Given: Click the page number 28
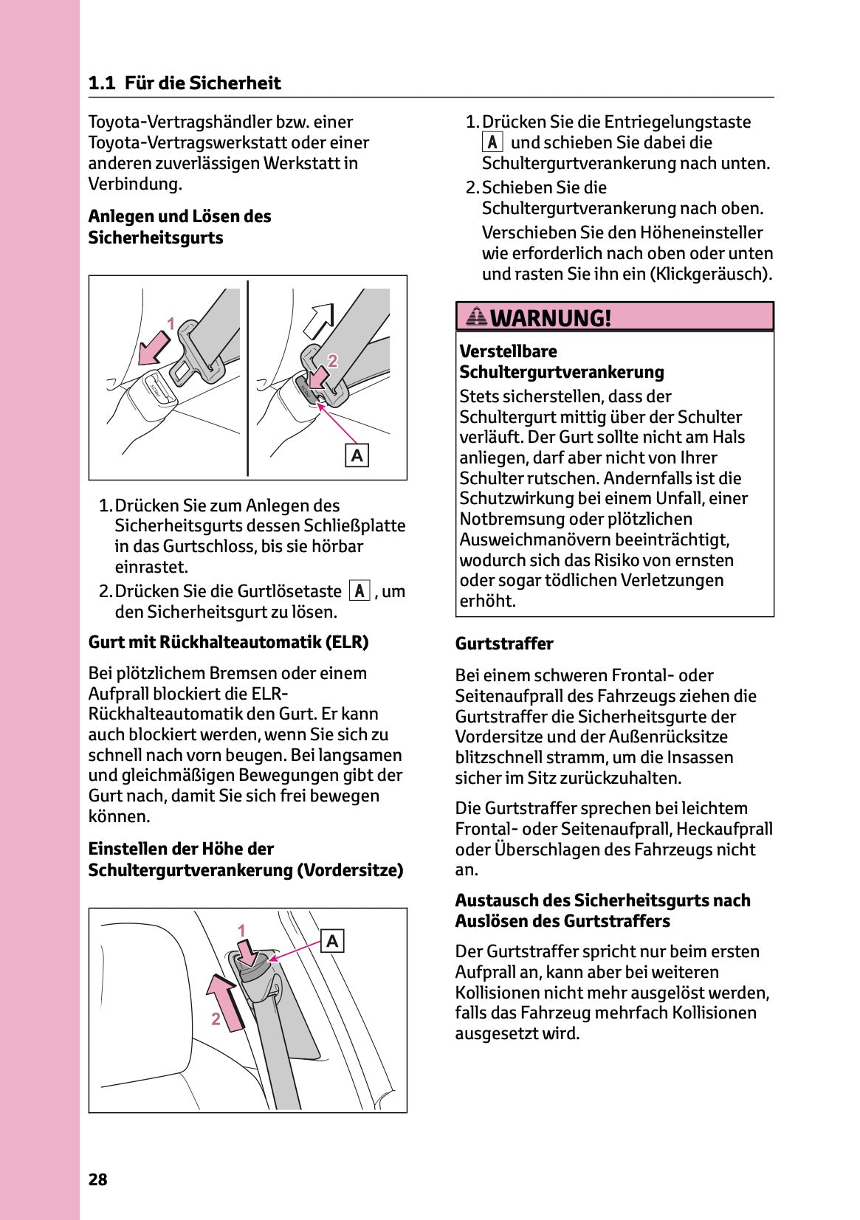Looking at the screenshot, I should tap(97, 1179).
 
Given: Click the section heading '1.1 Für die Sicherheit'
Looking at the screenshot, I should tap(184, 83).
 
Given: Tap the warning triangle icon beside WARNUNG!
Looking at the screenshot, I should tap(476, 317).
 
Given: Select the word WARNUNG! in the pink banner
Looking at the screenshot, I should tap(551, 318).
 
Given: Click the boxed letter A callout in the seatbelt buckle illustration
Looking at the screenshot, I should tap(357, 455).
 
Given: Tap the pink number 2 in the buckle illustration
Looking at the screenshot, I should tap(333, 361).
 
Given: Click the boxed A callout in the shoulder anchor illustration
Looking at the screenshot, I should tap(332, 941).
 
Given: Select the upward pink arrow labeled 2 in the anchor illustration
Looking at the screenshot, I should tap(227, 1002).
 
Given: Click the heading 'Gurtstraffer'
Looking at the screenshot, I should tap(504, 644).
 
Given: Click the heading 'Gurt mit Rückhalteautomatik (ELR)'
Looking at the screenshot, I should tap(228, 642).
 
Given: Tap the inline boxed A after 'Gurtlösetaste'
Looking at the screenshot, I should tap(359, 591).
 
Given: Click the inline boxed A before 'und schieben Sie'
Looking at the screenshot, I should tap(492, 142).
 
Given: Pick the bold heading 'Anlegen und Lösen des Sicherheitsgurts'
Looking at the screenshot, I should tap(179, 227).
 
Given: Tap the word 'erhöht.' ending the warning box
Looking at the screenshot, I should tap(487, 601).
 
